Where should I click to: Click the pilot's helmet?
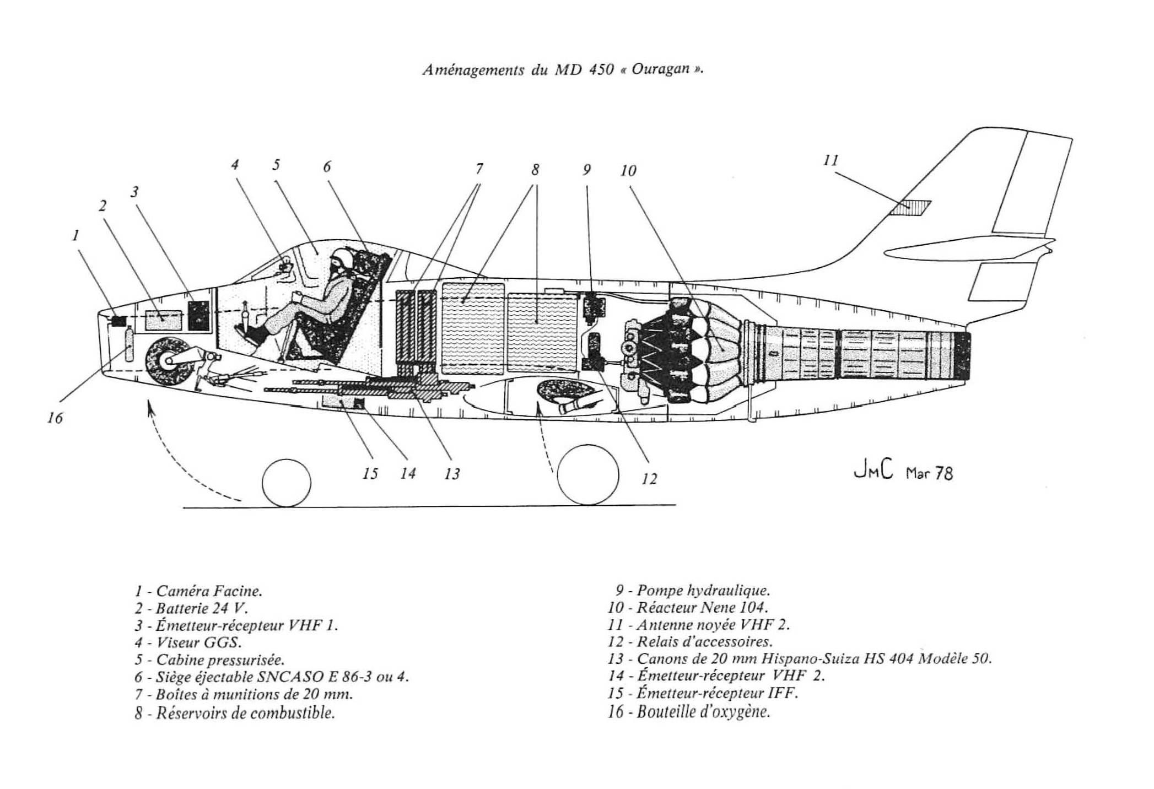tap(343, 258)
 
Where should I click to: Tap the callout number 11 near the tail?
tap(830, 160)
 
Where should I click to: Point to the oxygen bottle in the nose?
tap(130, 344)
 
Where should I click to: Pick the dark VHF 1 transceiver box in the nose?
tap(199, 315)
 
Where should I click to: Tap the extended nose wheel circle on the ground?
tap(286, 483)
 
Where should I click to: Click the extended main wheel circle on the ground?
tap(587, 475)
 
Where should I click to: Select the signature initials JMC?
tap(873, 472)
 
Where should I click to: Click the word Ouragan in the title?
tap(661, 69)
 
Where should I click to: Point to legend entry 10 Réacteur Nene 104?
tap(688, 608)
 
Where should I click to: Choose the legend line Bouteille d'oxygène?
tap(689, 711)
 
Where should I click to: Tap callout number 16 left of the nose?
tap(55, 418)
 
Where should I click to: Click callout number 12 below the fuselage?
tap(649, 479)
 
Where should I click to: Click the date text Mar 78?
tap(930, 473)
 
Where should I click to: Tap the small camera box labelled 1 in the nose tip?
tap(118, 321)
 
